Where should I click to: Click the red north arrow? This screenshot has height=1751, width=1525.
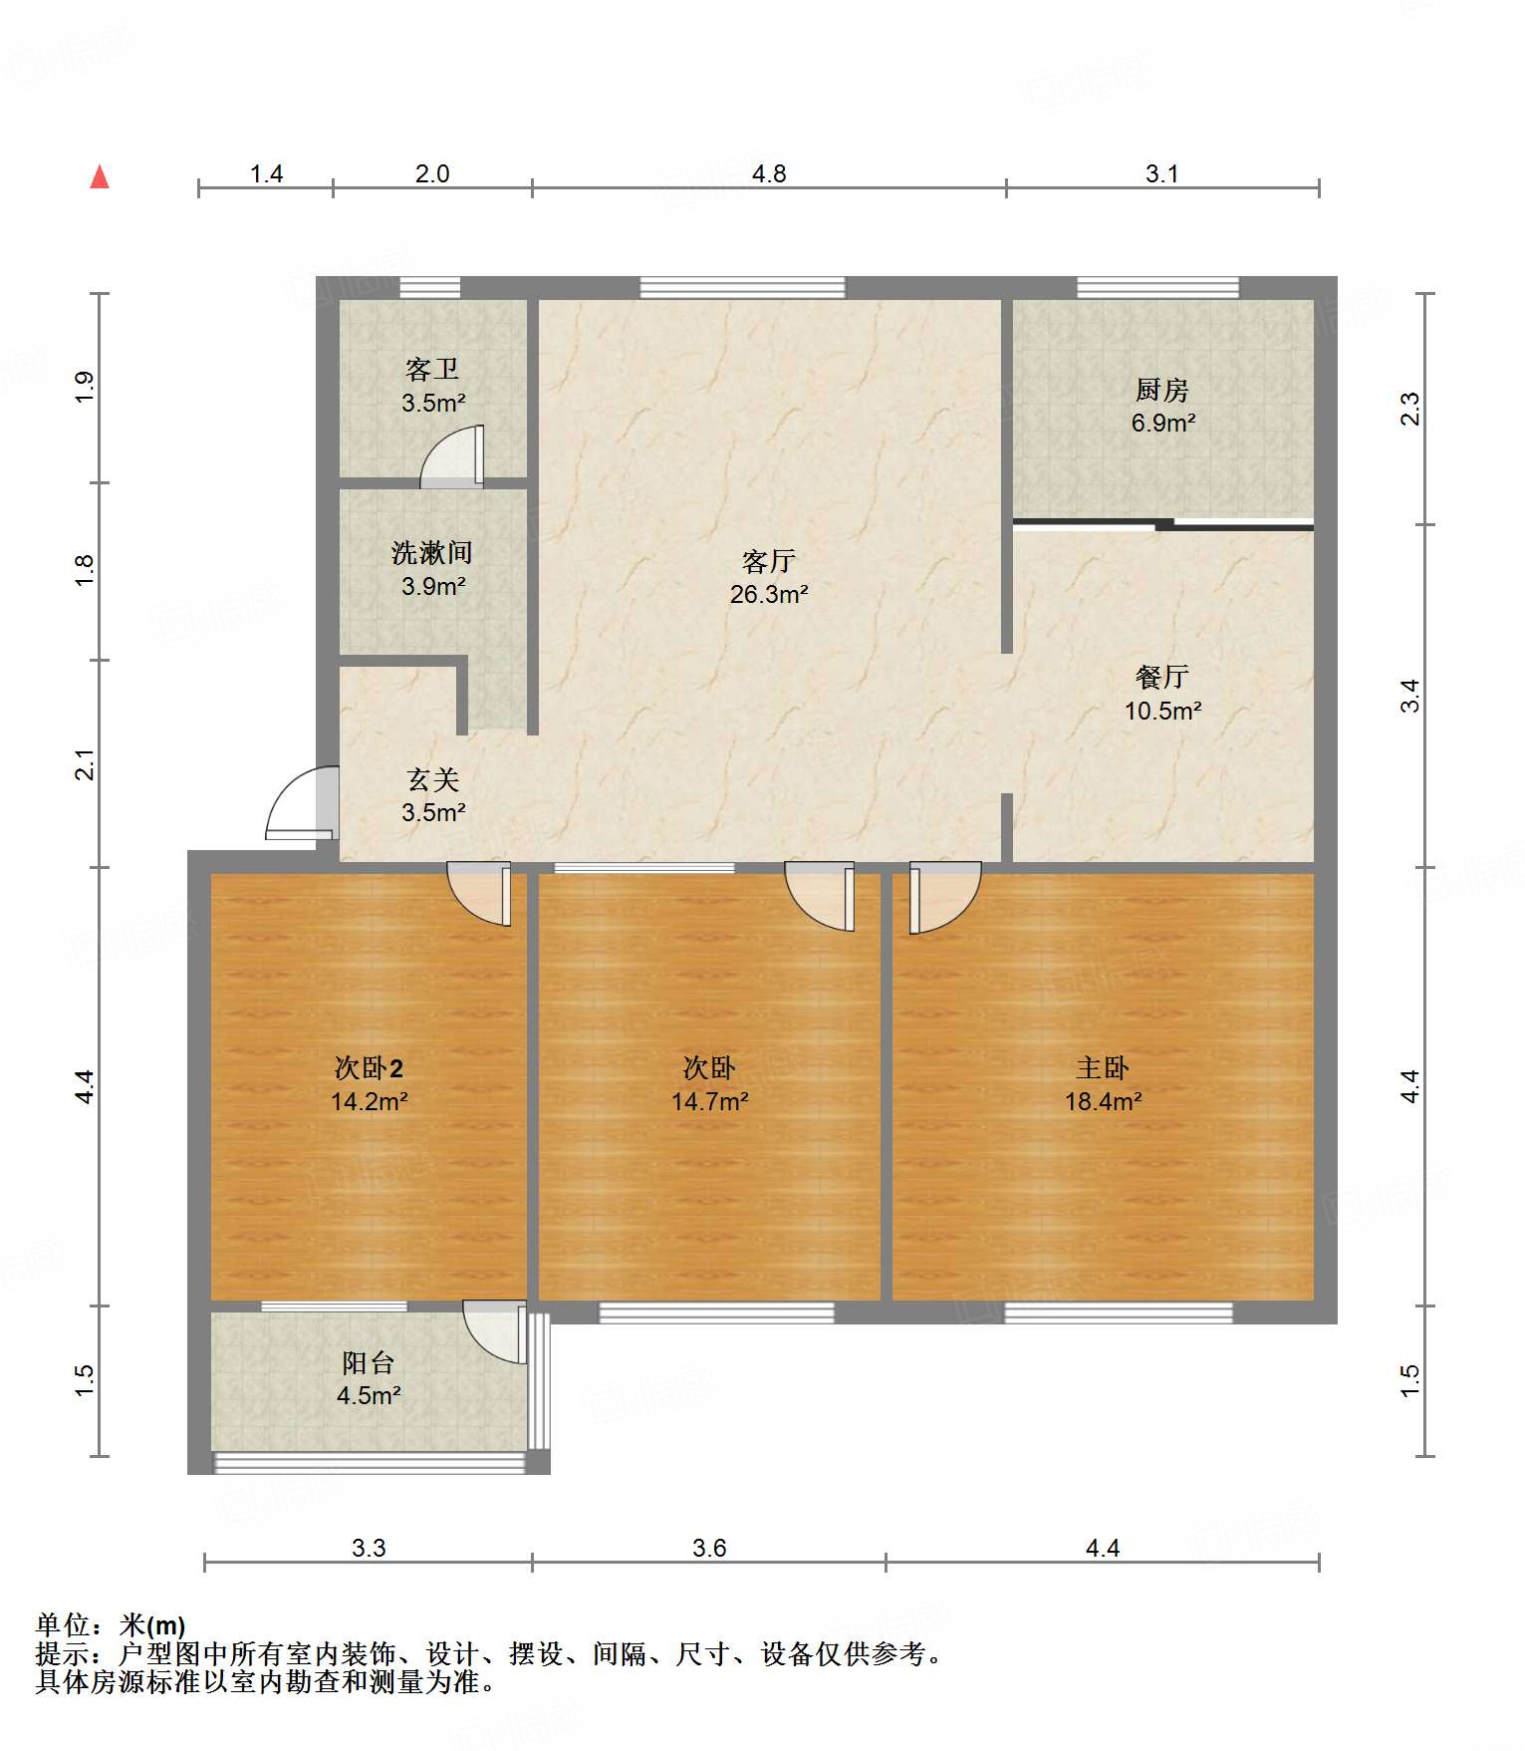[x=100, y=176]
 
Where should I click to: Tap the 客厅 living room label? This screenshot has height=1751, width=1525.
[x=769, y=561]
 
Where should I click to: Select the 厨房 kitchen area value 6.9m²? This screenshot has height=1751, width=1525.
[x=1162, y=423]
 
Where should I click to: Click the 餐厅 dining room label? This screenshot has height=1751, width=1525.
[x=1162, y=678]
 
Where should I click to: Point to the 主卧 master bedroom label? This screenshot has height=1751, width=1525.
[x=1103, y=1068]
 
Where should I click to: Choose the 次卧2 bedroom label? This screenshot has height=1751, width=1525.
[x=369, y=1068]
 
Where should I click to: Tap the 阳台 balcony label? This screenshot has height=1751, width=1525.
[x=369, y=1362]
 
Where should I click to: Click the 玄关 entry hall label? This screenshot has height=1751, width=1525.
[x=433, y=779]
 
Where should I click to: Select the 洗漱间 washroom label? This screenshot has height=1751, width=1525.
[x=432, y=552]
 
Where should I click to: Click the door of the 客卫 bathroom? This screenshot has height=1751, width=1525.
[x=453, y=457]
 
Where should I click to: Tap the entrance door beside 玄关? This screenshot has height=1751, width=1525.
[x=303, y=803]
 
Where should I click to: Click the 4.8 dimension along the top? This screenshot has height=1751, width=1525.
[x=769, y=174]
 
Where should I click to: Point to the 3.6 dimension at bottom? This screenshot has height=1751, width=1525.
[x=709, y=1548]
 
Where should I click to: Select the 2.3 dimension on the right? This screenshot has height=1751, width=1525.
[x=1409, y=409]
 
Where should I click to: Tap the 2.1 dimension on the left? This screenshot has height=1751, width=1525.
[x=86, y=764]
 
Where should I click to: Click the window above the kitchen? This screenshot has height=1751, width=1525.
[x=1157, y=288]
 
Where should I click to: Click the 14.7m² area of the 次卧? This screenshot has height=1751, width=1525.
[x=709, y=1101]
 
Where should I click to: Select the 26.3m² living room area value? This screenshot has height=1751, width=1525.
[x=769, y=594]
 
